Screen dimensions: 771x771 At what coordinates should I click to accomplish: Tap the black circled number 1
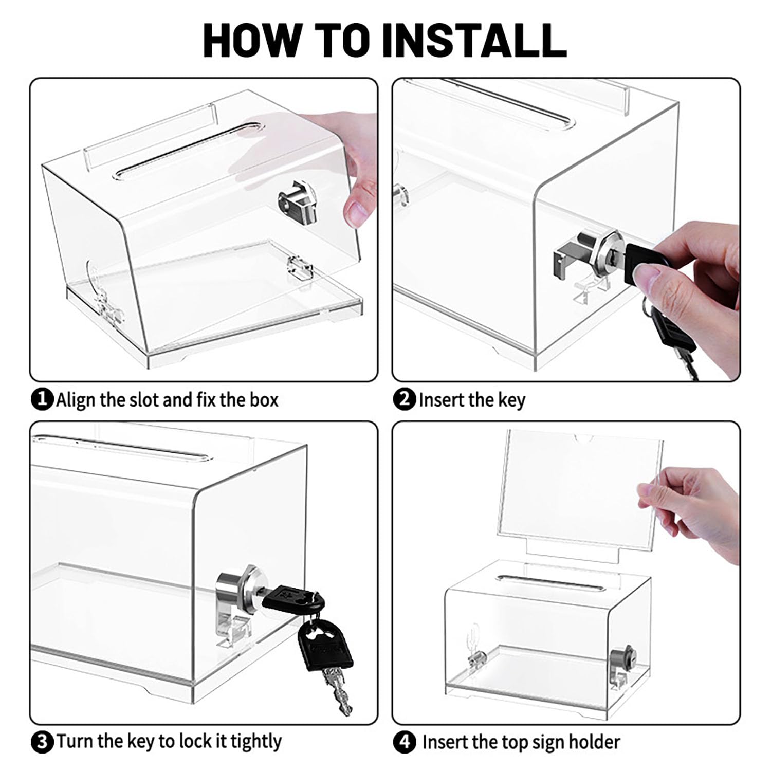(42, 399)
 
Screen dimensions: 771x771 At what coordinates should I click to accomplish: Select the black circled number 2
(405, 399)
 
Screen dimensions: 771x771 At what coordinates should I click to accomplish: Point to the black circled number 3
(42, 742)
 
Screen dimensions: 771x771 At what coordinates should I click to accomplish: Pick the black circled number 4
(405, 742)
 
